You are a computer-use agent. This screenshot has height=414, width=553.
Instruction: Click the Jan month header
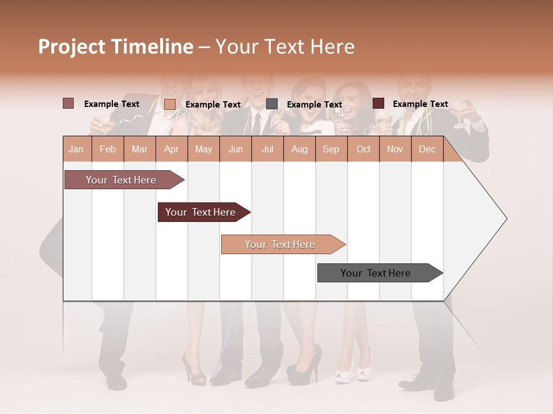(x=76, y=149)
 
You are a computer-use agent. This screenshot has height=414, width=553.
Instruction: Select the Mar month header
(x=139, y=149)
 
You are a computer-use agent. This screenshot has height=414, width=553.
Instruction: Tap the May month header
(x=203, y=149)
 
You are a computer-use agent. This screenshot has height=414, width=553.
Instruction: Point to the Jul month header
(x=267, y=149)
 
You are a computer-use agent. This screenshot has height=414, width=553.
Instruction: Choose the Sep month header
(x=331, y=149)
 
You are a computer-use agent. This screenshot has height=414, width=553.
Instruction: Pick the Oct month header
(x=363, y=149)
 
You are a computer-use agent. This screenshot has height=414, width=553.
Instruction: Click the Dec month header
(x=427, y=149)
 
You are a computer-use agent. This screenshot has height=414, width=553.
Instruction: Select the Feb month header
(x=108, y=149)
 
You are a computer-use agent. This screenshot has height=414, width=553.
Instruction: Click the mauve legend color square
(x=68, y=103)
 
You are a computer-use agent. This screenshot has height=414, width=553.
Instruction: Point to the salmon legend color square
(x=169, y=104)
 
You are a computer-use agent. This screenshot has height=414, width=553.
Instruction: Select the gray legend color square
(x=272, y=104)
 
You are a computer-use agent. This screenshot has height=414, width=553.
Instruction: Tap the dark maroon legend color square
(x=378, y=103)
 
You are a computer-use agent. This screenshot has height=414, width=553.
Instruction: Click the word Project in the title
(x=72, y=47)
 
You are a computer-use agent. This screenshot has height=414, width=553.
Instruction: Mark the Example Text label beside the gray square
(x=314, y=105)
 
